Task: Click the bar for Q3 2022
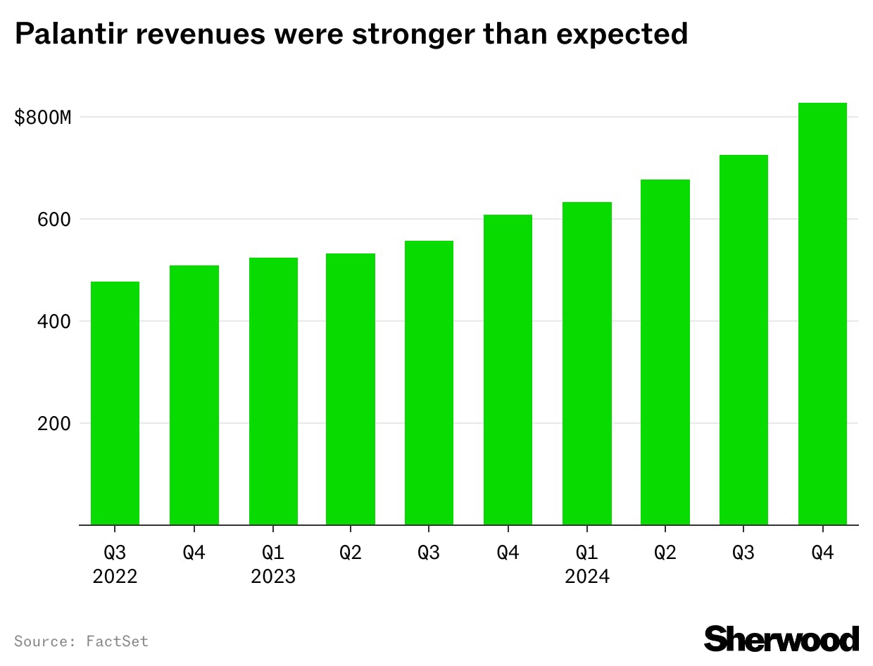tap(115, 403)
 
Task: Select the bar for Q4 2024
tap(822, 314)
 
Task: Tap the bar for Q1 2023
tap(273, 391)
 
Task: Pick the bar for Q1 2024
tap(587, 363)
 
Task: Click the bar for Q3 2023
tap(429, 382)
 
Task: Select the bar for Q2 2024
tap(665, 352)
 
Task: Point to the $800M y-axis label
tap(43, 118)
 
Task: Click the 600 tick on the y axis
tap(55, 220)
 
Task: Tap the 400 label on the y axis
tap(55, 322)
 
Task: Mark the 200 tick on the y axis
tap(55, 424)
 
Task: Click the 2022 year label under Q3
tap(115, 577)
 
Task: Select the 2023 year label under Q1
tap(273, 577)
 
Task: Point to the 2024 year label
tap(587, 577)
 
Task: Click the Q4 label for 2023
tap(508, 553)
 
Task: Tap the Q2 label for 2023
tap(351, 553)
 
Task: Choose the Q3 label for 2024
tap(743, 553)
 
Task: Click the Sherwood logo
tap(781, 639)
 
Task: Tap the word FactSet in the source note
tap(118, 641)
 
